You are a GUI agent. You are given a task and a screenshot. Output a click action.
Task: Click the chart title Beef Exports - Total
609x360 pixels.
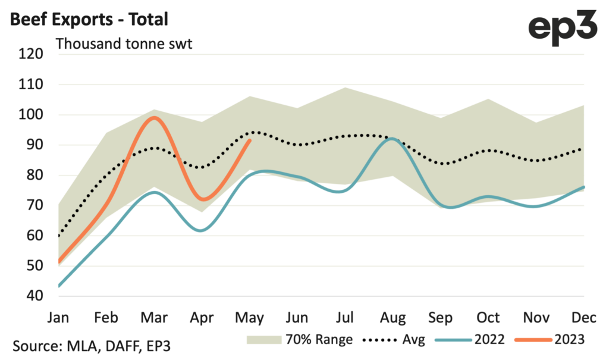pyautogui.click(x=89, y=19)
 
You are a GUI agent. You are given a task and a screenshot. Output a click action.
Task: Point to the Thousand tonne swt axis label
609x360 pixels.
pyautogui.click(x=124, y=44)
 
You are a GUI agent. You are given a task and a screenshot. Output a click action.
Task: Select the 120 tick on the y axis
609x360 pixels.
pyautogui.click(x=32, y=55)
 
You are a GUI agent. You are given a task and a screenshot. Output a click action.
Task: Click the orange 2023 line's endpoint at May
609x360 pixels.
pyautogui.click(x=250, y=140)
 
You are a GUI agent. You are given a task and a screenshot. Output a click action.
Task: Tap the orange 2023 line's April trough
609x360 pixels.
pyautogui.click(x=203, y=199)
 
